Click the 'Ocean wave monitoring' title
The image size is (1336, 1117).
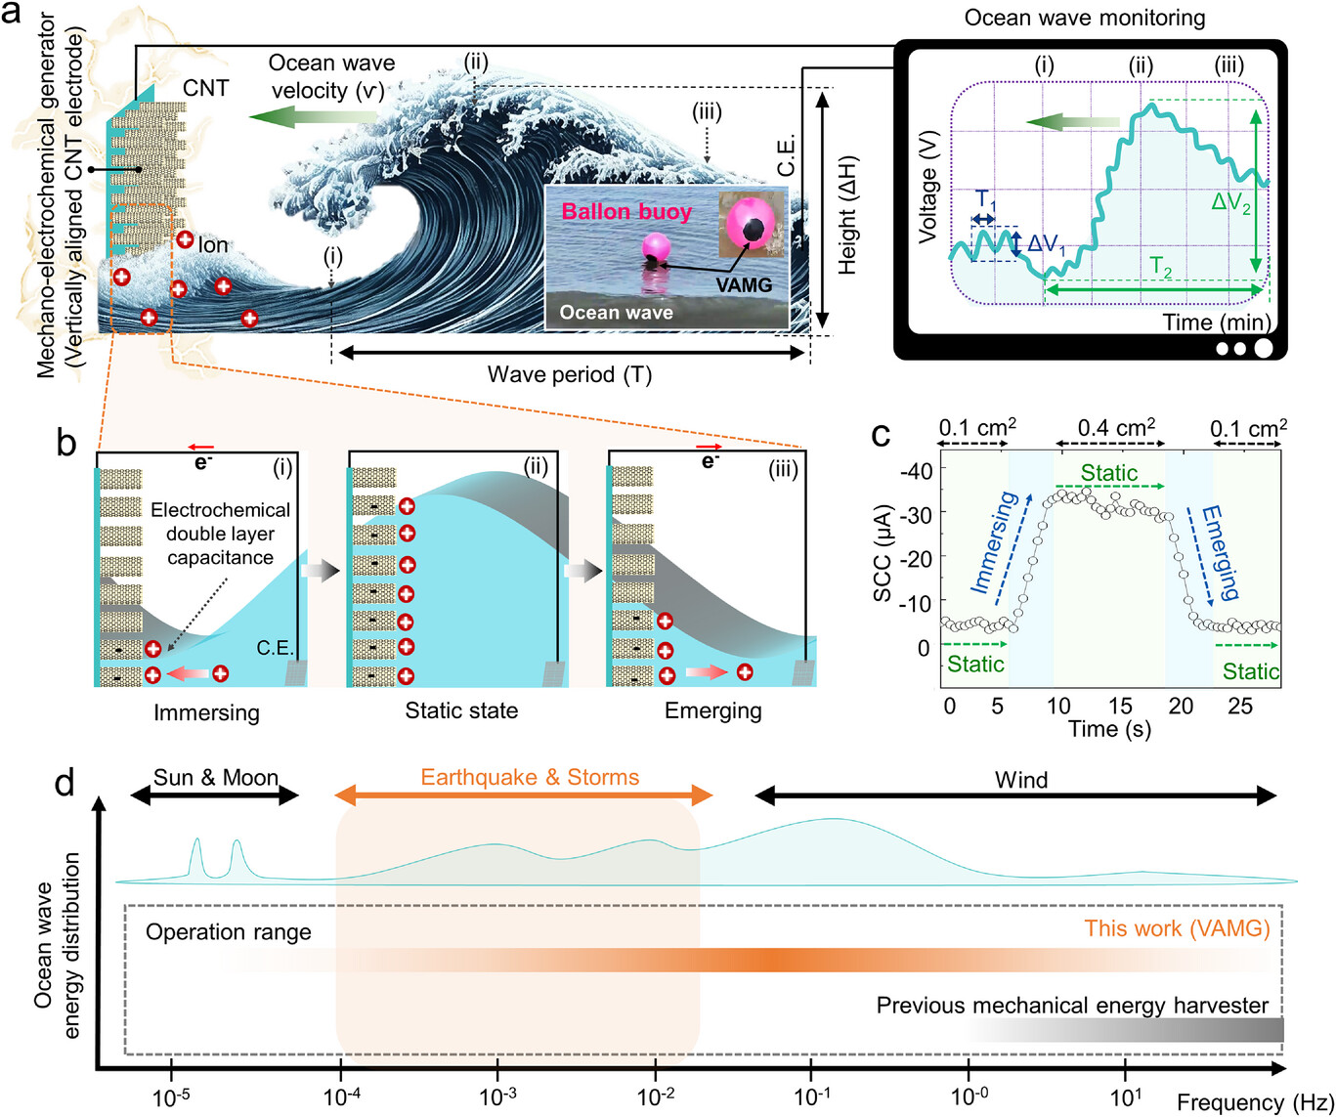pos(1084,18)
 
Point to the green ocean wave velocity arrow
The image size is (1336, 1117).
pos(312,116)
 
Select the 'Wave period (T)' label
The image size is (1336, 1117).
pos(569,374)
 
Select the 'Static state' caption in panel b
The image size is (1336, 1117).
pos(461,710)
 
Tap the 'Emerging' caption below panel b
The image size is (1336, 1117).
pos(712,710)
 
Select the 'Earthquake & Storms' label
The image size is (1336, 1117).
pos(530,778)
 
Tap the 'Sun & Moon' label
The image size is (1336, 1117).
pos(215,778)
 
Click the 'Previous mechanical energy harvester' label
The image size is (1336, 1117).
pos(1072,1006)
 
